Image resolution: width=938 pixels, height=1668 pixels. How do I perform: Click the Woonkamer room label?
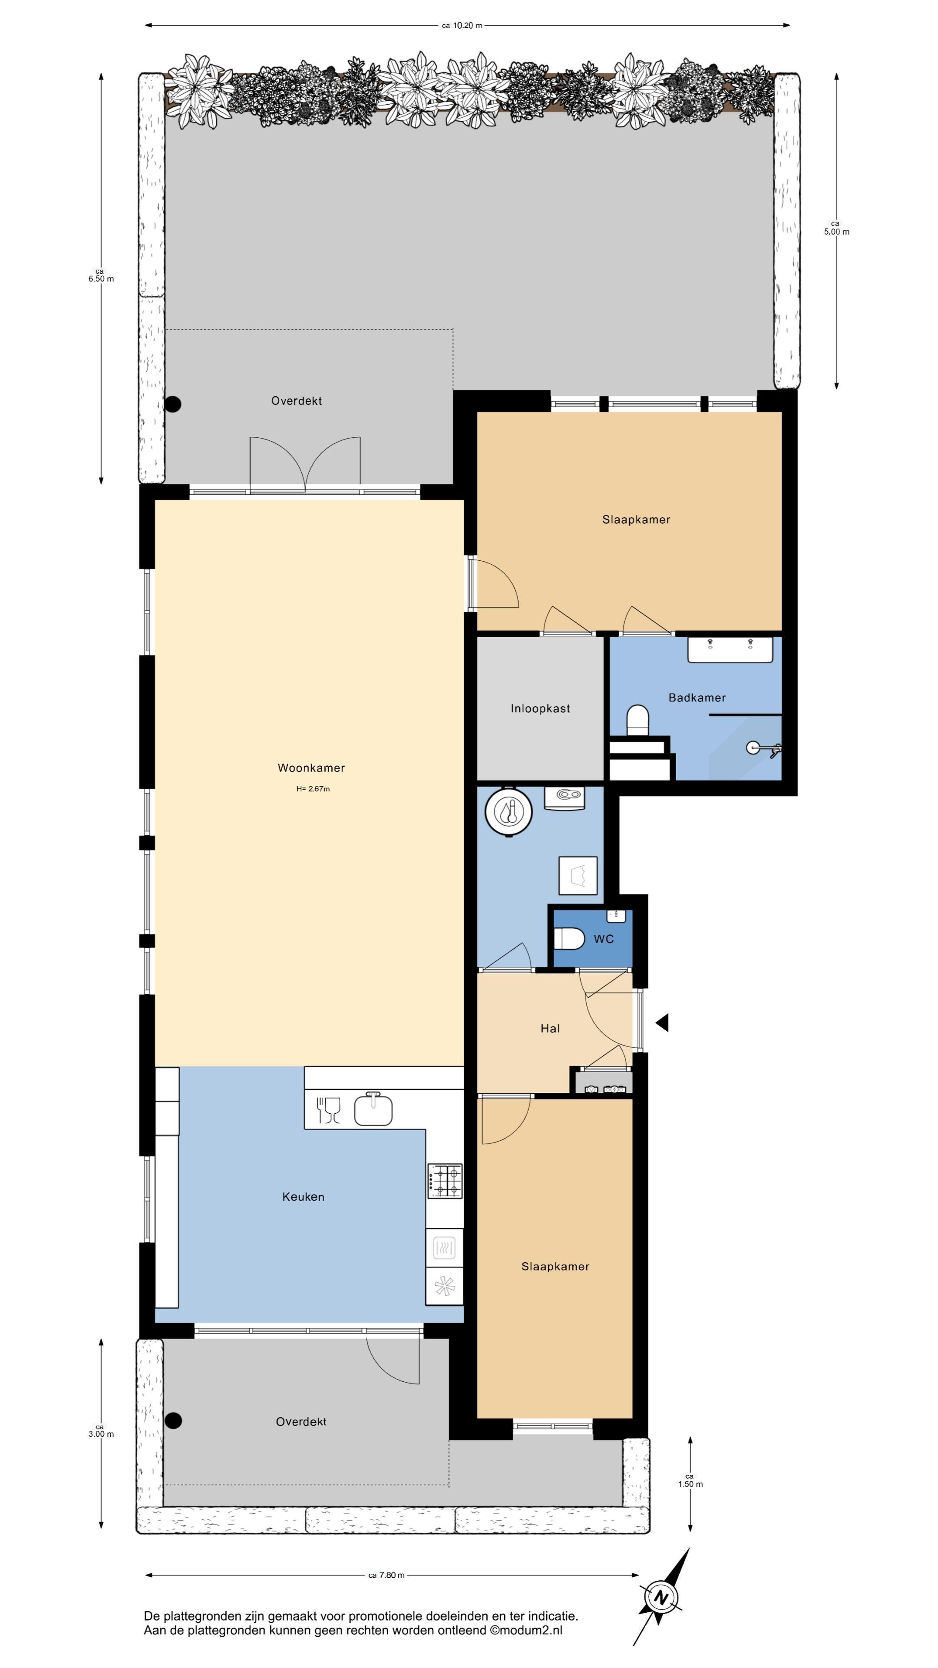311,768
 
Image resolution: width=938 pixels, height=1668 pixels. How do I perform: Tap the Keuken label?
303,1197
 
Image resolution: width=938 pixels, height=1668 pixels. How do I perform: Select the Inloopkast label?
540,708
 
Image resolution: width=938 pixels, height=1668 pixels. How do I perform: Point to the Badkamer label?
697,697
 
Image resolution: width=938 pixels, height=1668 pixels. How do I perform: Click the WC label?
603,939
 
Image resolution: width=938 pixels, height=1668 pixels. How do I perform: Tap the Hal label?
550,1028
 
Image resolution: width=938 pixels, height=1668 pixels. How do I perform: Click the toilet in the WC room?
569,939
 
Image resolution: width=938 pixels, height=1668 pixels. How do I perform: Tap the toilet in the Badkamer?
637,721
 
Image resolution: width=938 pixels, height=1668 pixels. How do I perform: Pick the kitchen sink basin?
373,1110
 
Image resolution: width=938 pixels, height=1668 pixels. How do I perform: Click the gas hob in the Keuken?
445,1181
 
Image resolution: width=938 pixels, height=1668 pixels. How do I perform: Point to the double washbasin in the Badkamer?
730,649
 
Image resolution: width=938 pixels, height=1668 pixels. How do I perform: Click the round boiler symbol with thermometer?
509,811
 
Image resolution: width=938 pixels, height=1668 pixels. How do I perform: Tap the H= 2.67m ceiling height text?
313,789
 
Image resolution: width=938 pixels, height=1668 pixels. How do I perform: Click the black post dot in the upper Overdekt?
173,404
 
